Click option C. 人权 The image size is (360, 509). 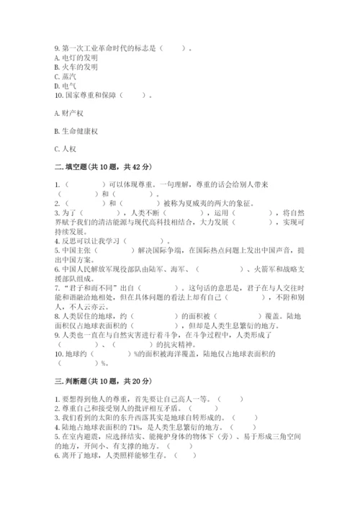click(x=65, y=149)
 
